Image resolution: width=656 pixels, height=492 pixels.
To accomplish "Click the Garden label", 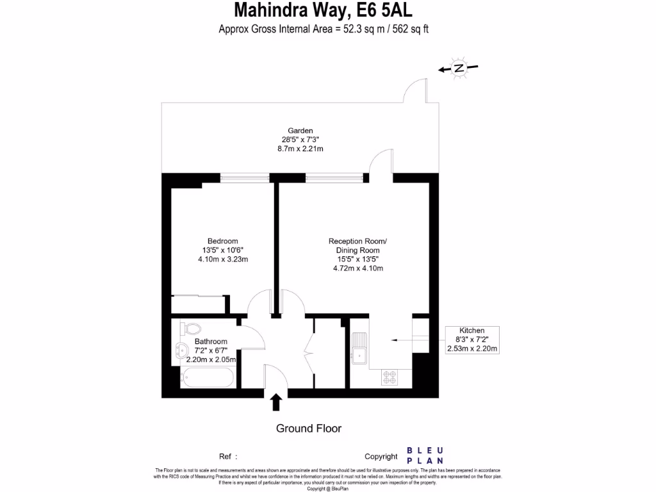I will [300, 131].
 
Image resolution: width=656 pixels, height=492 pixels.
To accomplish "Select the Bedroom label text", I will [222, 241].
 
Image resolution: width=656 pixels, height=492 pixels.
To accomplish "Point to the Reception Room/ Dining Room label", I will [357, 245].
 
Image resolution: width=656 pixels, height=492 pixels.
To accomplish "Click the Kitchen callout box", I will [472, 339].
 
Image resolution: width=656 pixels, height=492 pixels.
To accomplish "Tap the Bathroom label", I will [211, 341].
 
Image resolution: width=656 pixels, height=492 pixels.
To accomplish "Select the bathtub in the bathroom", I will [207, 379].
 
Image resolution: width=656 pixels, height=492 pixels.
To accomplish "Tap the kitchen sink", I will [359, 348].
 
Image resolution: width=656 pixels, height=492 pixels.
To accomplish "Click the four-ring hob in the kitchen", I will [389, 377].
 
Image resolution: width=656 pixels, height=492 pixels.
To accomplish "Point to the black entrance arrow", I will [276, 402].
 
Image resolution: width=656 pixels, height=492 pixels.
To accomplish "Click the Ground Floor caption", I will [308, 429].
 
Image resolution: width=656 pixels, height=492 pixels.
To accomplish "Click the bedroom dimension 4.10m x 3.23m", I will [222, 259].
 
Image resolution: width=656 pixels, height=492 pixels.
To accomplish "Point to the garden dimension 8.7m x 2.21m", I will [300, 149].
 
